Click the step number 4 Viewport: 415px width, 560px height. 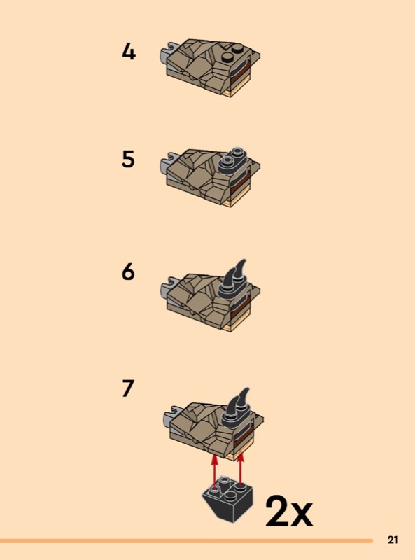tap(129, 51)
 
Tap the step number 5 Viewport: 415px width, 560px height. tap(129, 159)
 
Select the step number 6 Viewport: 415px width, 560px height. tap(129, 272)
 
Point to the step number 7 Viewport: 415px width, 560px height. tap(128, 388)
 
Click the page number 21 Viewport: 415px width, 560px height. tap(393, 540)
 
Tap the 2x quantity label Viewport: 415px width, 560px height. tap(289, 511)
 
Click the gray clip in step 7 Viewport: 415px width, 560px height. tap(170, 416)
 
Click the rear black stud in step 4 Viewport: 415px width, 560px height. tap(237, 48)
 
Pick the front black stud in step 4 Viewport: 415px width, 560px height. tap(227, 57)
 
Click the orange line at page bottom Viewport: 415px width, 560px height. tap(186, 541)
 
